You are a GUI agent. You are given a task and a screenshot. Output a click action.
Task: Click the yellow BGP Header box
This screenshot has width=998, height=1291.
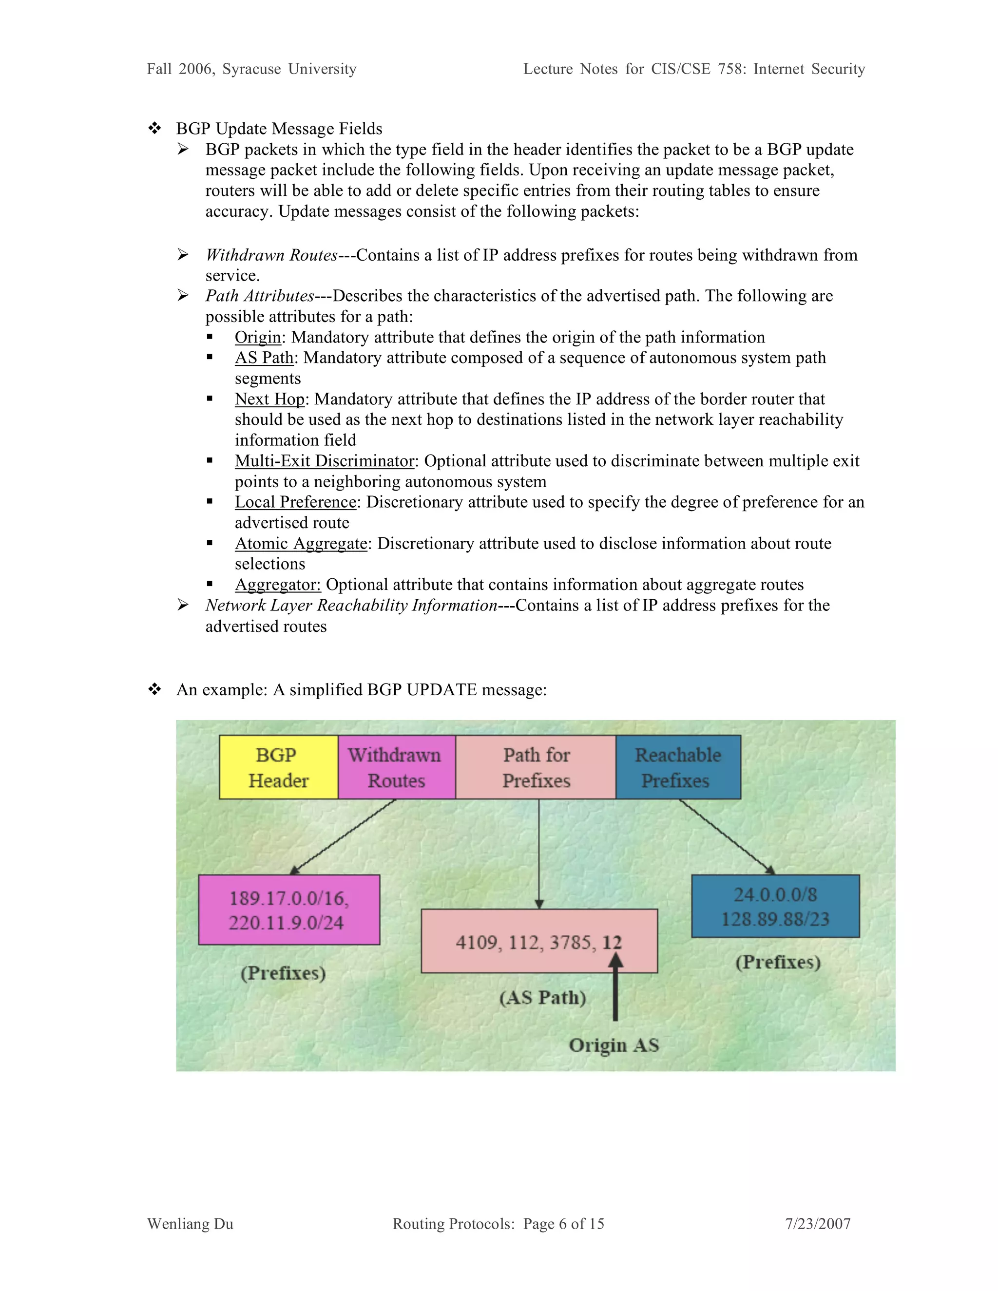coord(278,767)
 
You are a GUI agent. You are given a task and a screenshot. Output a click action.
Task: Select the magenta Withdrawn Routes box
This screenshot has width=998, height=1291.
coord(396,767)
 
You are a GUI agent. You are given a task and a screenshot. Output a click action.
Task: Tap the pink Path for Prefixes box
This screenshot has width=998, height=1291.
coord(536,767)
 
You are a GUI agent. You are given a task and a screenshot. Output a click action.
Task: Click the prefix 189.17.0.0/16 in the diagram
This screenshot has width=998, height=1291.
coord(288,898)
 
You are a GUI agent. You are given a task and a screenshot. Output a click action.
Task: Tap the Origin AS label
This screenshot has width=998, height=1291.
coord(614,1045)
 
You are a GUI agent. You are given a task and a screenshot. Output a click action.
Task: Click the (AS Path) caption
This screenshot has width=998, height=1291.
coord(542,998)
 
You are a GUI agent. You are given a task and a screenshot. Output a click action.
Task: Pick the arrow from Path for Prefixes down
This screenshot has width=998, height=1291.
coord(538,854)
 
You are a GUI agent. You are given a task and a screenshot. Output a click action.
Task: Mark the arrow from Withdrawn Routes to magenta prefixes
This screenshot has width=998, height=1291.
coord(343,836)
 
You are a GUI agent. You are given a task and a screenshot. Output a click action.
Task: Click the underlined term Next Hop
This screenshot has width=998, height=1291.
coord(269,399)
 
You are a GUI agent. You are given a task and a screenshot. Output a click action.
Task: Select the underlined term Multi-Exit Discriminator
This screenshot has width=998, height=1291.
coord(324,460)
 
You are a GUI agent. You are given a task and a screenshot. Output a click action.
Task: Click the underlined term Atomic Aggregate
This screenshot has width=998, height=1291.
coord(301,543)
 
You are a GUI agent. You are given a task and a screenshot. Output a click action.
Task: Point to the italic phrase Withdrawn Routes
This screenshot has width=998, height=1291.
coord(271,255)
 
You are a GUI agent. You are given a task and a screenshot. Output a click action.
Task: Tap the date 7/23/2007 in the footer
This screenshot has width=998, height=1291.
coord(818,1224)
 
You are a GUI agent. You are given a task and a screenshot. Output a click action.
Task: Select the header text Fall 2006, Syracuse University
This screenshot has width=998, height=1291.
coord(251,69)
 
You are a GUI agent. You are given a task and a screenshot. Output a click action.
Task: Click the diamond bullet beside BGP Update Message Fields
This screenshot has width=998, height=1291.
coord(154,128)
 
